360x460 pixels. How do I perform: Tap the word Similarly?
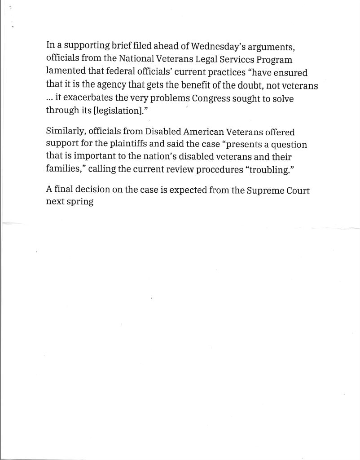point(65,132)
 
